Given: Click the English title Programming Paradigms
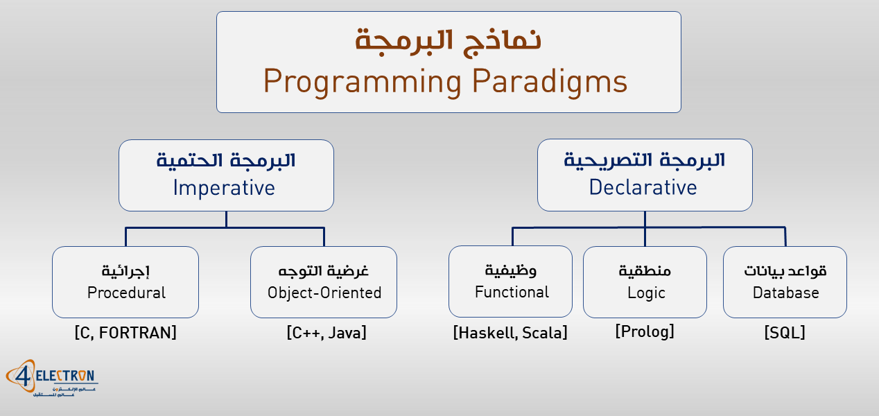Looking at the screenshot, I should click(445, 82).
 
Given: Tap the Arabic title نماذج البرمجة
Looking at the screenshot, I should click(448, 40).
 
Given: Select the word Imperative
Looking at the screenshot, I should click(224, 188).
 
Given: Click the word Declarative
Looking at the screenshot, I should click(643, 188).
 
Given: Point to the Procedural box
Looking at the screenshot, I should click(125, 282).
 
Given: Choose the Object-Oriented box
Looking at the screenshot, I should click(324, 282).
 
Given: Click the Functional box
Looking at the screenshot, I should click(511, 282).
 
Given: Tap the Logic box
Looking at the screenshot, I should click(645, 282).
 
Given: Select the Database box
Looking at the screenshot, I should click(785, 282).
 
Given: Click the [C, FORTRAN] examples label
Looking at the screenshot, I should click(125, 333).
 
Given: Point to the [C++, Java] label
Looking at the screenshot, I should click(326, 333).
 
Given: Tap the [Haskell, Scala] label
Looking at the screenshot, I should click(510, 333).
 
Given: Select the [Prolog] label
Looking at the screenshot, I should click(644, 332).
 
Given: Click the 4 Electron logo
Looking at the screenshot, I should click(51, 379).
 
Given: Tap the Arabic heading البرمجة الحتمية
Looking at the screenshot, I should click(226, 161).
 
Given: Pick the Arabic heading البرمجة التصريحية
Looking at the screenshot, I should click(644, 161).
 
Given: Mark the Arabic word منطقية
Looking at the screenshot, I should click(645, 270).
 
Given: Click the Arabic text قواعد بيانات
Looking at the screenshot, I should click(785, 270).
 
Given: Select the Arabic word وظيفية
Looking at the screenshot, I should click(511, 270).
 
